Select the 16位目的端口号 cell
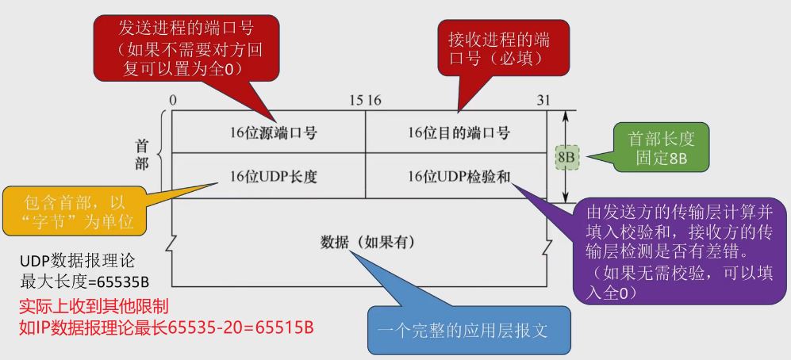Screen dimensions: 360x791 coord(458,133)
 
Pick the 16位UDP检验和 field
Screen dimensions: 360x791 coord(458,176)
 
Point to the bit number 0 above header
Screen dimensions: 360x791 coord(172,100)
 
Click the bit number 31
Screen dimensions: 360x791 coord(543,100)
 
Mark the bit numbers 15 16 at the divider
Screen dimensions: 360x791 coord(366,100)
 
